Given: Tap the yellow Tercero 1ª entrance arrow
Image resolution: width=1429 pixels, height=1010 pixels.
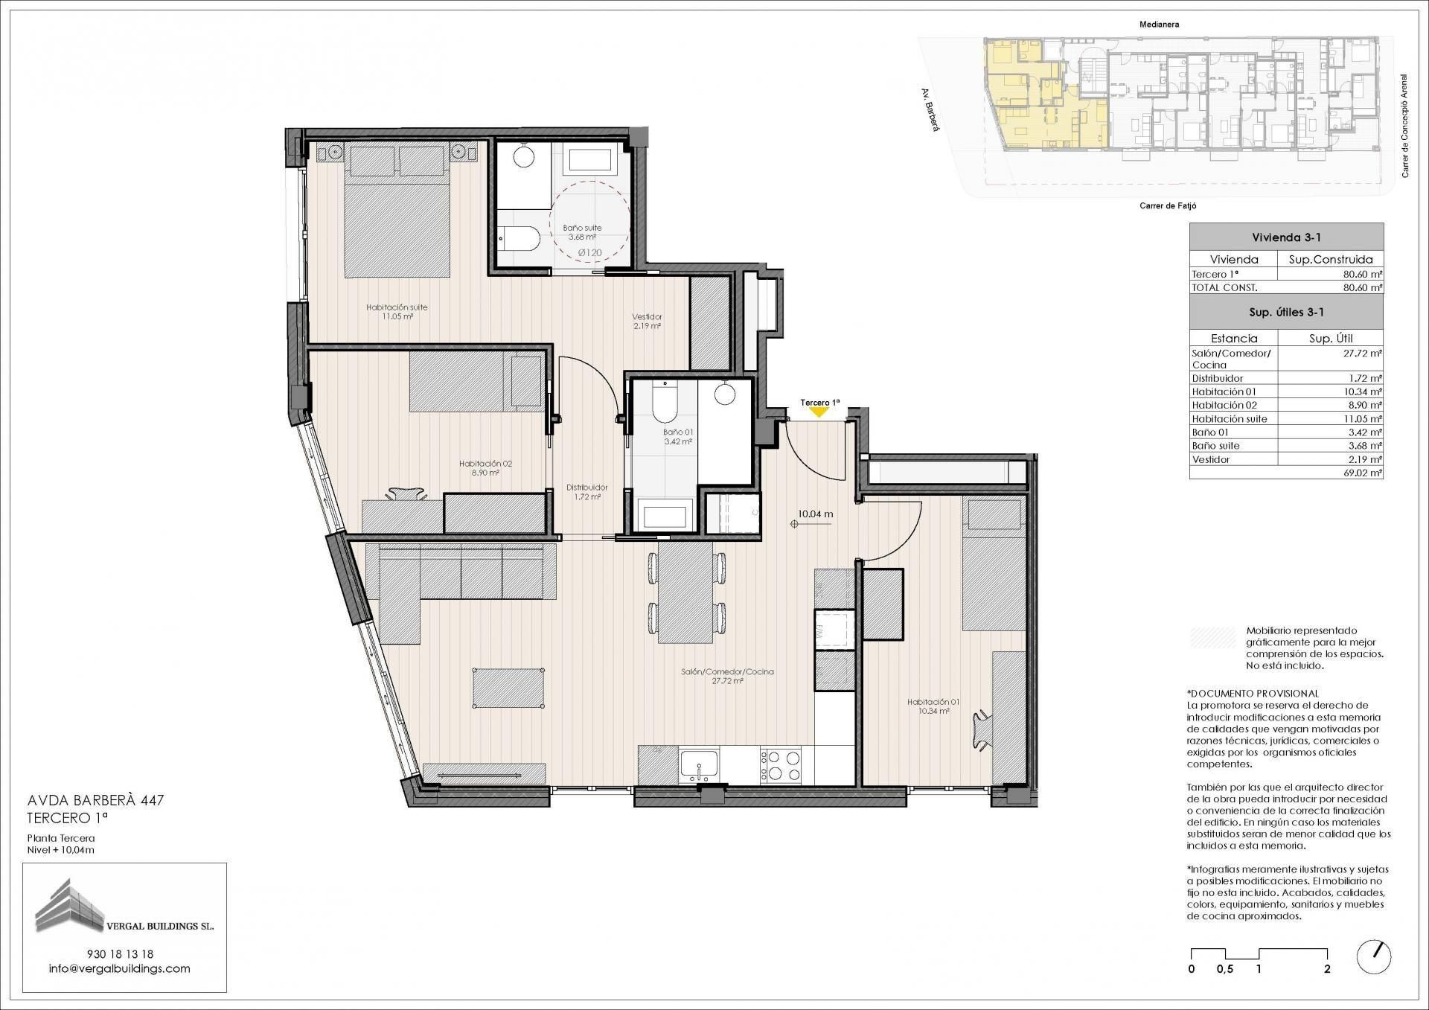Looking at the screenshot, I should click(x=819, y=411).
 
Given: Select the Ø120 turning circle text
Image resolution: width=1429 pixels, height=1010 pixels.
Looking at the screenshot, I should click(x=590, y=253).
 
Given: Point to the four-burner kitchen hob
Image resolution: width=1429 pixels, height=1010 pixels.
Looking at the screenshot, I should click(x=781, y=764).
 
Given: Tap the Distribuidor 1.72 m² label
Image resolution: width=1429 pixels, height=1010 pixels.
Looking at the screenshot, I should click(x=586, y=492).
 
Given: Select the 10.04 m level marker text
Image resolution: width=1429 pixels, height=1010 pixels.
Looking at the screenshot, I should click(x=815, y=514).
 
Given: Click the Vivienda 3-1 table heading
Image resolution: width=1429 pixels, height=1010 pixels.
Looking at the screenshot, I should click(x=1285, y=237).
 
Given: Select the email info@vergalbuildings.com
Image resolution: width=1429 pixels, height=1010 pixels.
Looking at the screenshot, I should click(x=120, y=968).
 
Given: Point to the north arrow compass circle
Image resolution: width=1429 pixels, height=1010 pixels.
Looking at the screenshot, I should click(x=1374, y=957).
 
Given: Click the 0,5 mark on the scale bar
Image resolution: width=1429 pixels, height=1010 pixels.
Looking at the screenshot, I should click(x=1224, y=969).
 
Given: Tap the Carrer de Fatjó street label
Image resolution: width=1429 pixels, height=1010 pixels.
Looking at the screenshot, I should click(x=1167, y=206).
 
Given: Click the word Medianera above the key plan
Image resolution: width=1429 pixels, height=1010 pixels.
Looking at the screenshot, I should click(x=1159, y=25).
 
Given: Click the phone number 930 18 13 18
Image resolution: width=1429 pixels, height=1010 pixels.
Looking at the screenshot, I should click(x=120, y=953).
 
